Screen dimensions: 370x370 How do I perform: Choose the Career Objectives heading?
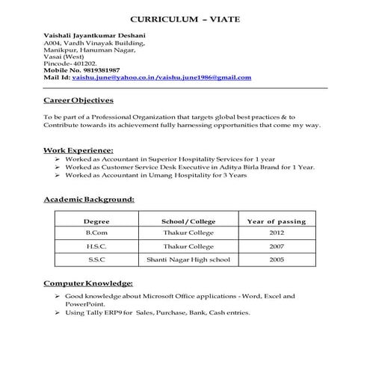pos(78,100)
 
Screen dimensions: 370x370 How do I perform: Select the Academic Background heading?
pos(88,200)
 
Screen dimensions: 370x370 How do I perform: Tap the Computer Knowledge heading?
pos(88,283)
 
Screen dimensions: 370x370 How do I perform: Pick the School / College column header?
pos(188,222)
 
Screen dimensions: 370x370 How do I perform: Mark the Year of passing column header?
pos(277,222)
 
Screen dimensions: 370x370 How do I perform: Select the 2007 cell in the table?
pos(277,247)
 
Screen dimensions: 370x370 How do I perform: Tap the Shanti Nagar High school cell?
pos(188,259)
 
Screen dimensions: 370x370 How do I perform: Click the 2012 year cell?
pos(277,234)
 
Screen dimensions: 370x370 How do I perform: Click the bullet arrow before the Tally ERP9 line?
pos(58,312)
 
